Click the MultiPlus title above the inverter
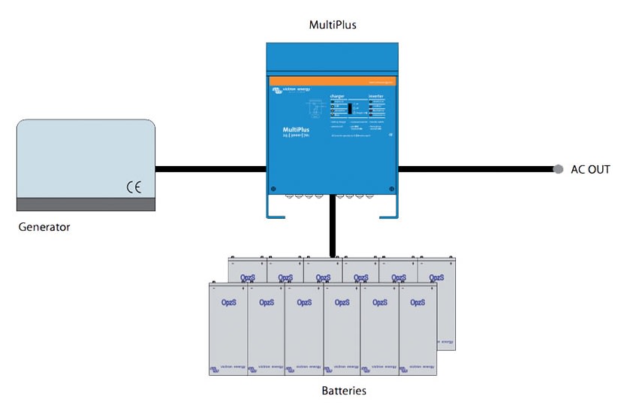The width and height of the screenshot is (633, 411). pyautogui.click(x=333, y=25)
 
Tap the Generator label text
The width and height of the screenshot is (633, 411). pyautogui.click(x=44, y=226)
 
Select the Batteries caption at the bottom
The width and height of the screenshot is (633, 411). pyautogui.click(x=344, y=391)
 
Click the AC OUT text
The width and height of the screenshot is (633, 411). pyautogui.click(x=590, y=170)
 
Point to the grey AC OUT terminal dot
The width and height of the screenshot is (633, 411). pyautogui.click(x=558, y=170)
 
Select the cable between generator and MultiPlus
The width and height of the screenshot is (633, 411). pyautogui.click(x=211, y=170)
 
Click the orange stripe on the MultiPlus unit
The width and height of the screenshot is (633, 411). pyautogui.click(x=333, y=80)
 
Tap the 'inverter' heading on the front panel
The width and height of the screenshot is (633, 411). pyautogui.click(x=376, y=96)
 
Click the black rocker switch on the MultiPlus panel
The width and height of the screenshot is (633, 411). pyautogui.click(x=350, y=108)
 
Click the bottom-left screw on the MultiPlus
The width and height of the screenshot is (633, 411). pyautogui.click(x=273, y=189)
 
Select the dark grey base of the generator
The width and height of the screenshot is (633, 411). pyautogui.click(x=86, y=204)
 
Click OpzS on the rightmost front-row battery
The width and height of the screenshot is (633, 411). pyautogui.click(x=417, y=302)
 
